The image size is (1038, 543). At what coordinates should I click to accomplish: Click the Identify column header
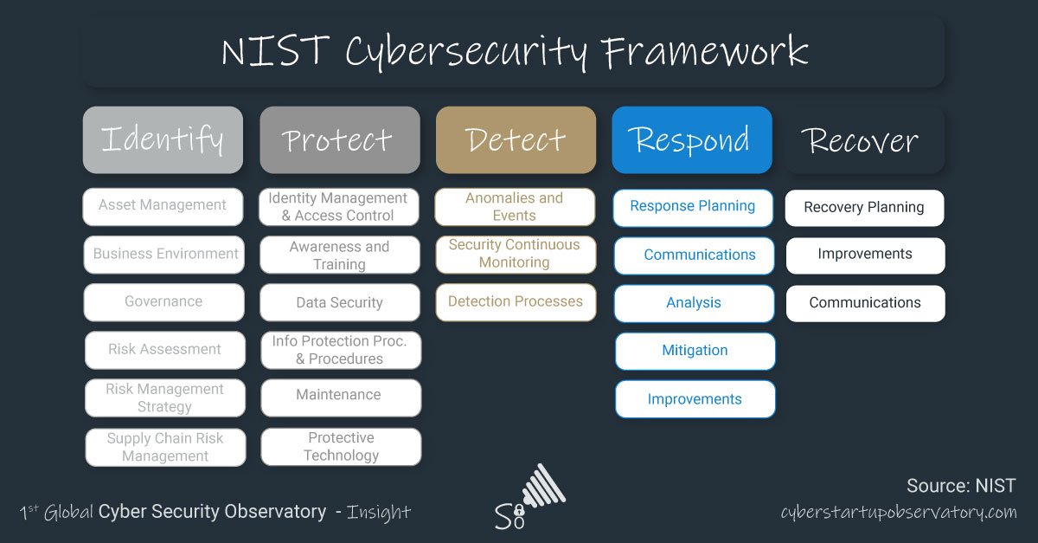click(163, 140)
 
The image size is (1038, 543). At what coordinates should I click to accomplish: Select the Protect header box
click(339, 140)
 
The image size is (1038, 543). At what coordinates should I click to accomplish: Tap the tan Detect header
click(516, 140)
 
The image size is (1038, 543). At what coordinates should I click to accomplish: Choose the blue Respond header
click(691, 140)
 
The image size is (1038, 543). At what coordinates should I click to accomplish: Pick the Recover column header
click(864, 140)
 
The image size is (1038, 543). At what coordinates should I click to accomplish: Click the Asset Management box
click(163, 206)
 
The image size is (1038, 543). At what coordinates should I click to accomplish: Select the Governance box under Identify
click(163, 302)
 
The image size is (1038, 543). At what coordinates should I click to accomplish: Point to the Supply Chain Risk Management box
click(165, 447)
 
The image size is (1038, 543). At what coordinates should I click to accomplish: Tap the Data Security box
click(340, 303)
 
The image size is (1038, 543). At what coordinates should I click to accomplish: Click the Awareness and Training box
click(340, 255)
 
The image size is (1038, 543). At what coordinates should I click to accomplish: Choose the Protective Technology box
click(341, 447)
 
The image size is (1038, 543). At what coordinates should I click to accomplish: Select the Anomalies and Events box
click(515, 207)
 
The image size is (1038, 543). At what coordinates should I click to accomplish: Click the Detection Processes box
click(516, 302)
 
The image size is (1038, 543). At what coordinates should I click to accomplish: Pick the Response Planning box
click(693, 207)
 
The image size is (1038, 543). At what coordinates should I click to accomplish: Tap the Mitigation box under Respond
click(695, 351)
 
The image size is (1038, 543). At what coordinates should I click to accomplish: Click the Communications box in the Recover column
click(865, 303)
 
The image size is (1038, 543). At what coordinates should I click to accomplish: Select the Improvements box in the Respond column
click(695, 399)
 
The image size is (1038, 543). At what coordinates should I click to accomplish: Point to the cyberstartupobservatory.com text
click(898, 512)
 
